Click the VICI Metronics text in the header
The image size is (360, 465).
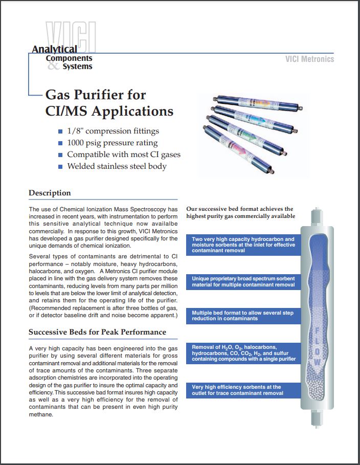[x=309, y=59]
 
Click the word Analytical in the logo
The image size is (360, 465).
[x=54, y=49]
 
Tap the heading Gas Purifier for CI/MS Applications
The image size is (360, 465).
[x=109, y=103]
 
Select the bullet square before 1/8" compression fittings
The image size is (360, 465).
[x=60, y=131]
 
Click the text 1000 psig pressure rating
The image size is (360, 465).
[x=112, y=143]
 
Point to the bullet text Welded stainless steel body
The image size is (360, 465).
[x=117, y=166]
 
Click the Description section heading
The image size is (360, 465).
[x=50, y=193]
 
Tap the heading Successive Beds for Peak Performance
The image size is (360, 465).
[x=97, y=332]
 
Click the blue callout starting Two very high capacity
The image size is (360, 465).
[x=243, y=245]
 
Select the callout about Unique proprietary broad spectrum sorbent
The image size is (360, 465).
[x=243, y=281]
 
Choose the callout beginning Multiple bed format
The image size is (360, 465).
[x=243, y=315]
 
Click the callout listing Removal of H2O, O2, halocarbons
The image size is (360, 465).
[x=243, y=353]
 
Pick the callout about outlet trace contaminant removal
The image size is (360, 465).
[x=243, y=390]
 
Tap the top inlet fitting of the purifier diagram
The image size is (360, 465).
[x=316, y=216]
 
